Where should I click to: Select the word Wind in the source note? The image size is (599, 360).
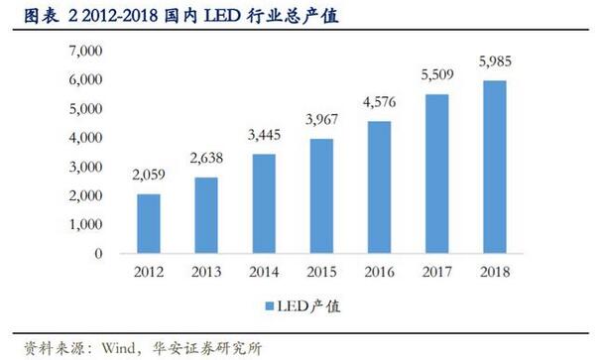pos(110,347)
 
